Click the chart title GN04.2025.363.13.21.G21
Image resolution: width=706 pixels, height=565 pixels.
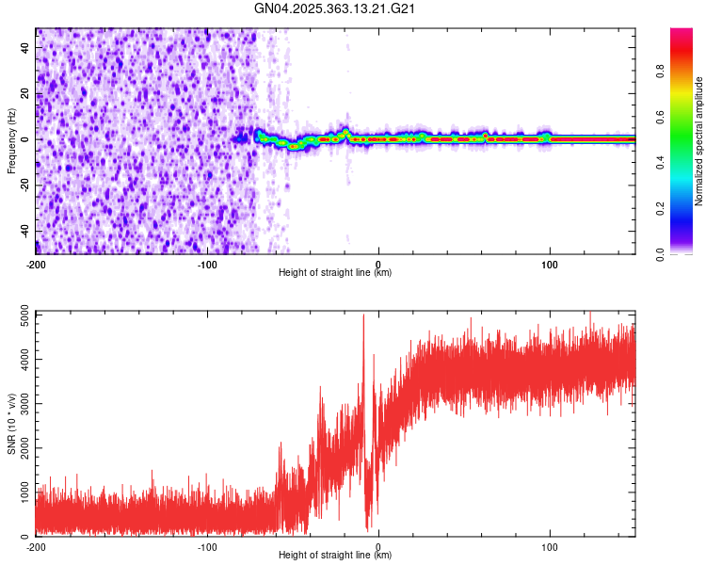click(335, 8)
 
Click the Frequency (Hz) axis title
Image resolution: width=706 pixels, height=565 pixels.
click(11, 141)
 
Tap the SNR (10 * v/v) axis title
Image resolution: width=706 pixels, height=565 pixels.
click(11, 424)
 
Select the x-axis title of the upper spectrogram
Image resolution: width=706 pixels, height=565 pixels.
click(335, 272)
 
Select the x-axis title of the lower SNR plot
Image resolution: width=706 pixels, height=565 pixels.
click(335, 555)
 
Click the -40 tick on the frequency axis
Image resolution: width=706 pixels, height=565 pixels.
click(24, 232)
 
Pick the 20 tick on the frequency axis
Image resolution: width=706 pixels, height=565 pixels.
click(25, 92)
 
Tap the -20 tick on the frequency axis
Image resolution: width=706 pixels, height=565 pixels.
click(24, 186)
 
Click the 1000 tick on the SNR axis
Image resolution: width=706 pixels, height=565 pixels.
click(20, 492)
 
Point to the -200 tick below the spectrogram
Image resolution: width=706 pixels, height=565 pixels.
click(36, 263)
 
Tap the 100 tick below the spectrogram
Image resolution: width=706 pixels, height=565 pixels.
click(550, 263)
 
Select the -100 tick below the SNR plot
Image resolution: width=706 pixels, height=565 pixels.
click(207, 546)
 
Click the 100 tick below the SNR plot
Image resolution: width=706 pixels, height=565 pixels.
click(550, 546)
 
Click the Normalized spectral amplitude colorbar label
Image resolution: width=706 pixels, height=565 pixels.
click(699, 141)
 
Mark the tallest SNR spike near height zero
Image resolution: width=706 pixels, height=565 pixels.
click(363, 315)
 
